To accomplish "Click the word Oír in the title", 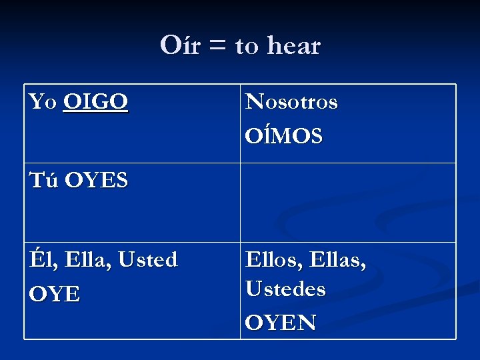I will pos(179,46).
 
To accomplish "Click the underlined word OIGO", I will pos(96,102).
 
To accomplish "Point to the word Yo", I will pos(43,102).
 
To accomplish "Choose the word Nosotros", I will pos(291,103).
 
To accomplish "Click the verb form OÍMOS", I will pos(284,137).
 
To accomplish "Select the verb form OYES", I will pos(97,180).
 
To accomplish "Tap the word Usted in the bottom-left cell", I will pos(148,259).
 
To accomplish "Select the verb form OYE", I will pos(55,294).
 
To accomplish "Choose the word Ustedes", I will pos(285,289).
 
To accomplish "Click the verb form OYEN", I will pos(281,323).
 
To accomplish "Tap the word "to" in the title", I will pos(246,47).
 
